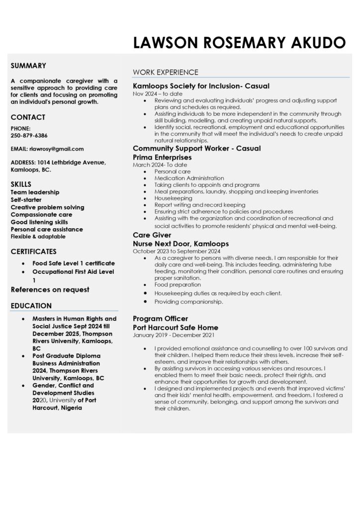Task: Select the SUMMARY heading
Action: [x=28, y=65]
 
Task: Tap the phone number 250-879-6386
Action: [x=29, y=135]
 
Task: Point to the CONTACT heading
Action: [x=28, y=117]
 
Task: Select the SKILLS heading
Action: [x=21, y=184]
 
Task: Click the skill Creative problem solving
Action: [x=47, y=207]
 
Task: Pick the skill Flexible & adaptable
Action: [x=38, y=237]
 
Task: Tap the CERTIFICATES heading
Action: [x=34, y=252]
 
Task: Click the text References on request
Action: [x=50, y=289]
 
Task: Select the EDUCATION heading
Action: [x=31, y=306]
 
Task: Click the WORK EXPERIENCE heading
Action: [x=166, y=73]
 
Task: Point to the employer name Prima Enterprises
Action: [x=162, y=157]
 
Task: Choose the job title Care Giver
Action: [x=152, y=235]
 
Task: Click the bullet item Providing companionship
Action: [x=188, y=302]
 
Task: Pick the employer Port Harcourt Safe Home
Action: [x=176, y=328]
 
